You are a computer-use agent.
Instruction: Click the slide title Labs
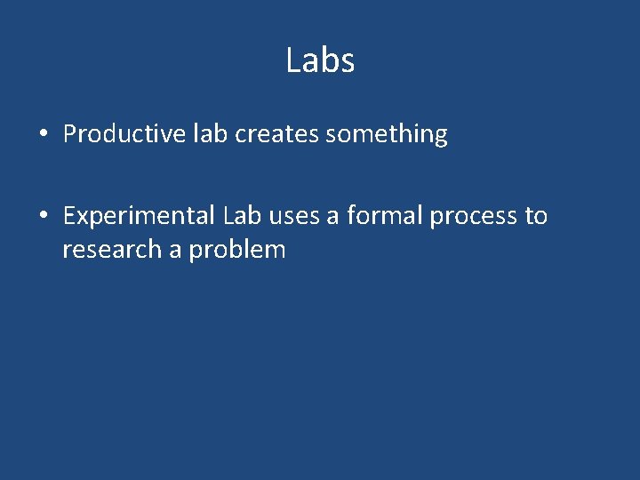320,60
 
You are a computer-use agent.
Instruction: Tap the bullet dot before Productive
43,135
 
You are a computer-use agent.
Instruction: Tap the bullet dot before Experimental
43,217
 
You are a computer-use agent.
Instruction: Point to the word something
387,135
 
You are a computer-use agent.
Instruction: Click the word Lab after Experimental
243,215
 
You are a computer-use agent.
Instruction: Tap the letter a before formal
333,217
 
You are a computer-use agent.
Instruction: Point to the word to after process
536,216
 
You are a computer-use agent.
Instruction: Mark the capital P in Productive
70,134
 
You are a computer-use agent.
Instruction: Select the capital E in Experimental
69,215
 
